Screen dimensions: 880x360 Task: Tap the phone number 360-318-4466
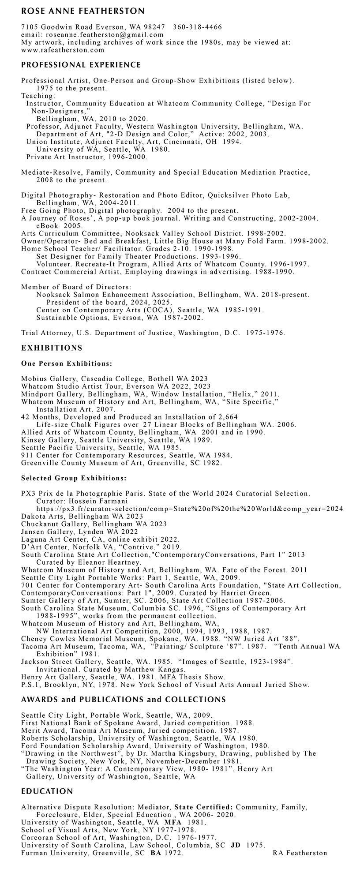(x=198, y=27)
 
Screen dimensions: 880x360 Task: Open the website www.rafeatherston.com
(x=63, y=50)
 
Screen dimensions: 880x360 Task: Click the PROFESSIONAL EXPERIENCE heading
(x=81, y=65)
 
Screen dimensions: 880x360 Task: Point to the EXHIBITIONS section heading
(x=52, y=348)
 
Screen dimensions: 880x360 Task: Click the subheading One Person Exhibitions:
(x=66, y=363)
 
